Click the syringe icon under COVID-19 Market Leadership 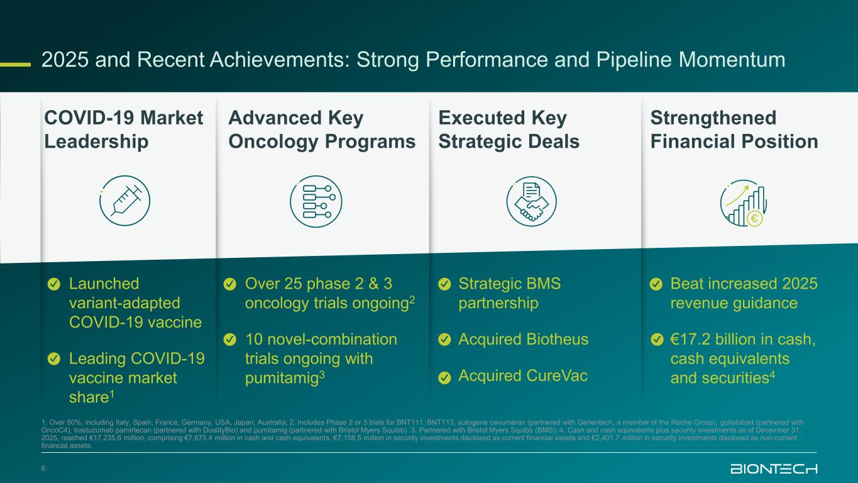pos(125,201)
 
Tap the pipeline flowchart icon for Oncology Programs pos(316,201)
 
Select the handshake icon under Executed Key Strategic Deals pos(531,201)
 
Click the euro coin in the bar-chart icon pos(754,219)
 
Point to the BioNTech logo pos(774,469)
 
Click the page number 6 pos(43,469)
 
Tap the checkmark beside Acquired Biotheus pos(444,340)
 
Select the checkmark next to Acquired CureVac pos(444,377)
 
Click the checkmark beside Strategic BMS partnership pos(444,284)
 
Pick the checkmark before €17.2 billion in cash pos(657,340)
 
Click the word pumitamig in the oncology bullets pos(282,379)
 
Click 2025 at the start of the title pos(65,60)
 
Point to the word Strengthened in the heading pos(713,118)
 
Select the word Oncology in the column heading pos(273,142)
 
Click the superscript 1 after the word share pos(113,393)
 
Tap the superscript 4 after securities pos(772,374)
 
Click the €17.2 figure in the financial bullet pos(690,339)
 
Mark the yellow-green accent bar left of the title pos(15,64)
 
